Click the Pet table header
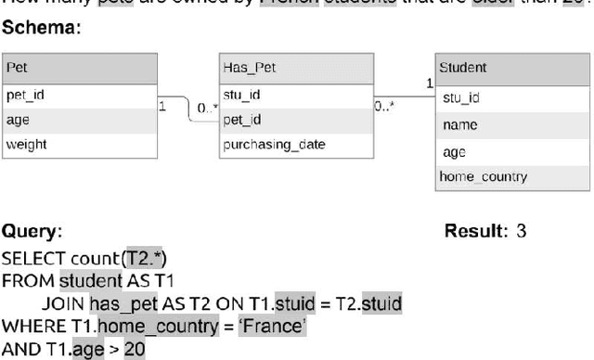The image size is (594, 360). [x=17, y=68]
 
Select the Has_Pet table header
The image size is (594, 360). [x=250, y=68]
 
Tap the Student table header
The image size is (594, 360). [x=462, y=68]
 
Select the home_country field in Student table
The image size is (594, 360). [x=483, y=176]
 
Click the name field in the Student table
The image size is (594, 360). [x=460, y=124]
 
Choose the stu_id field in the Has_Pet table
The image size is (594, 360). [x=241, y=94]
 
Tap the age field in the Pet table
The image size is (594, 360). [x=18, y=119]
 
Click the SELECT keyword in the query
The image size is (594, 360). [x=32, y=256]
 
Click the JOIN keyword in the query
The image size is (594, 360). [x=62, y=302]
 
